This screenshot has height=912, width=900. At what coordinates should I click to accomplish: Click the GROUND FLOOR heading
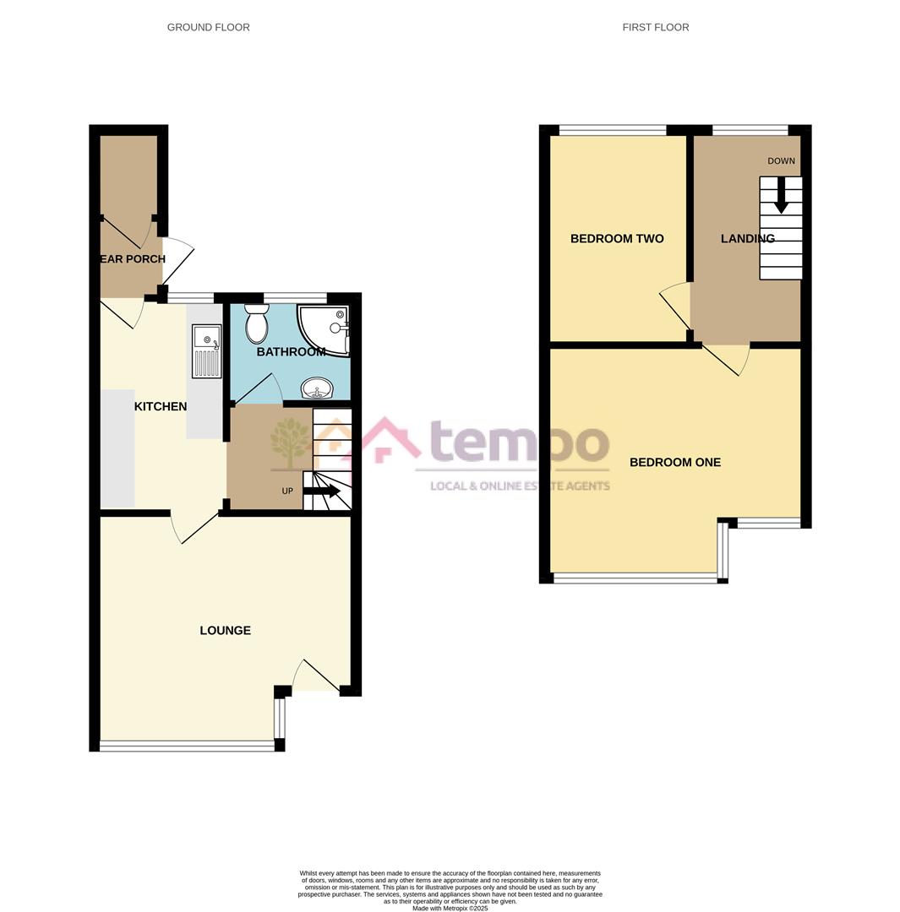pyautogui.click(x=208, y=27)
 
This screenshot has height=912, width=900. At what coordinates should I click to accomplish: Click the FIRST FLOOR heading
pyautogui.click(x=655, y=27)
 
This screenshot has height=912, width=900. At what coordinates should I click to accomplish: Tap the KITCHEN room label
pyautogui.click(x=161, y=406)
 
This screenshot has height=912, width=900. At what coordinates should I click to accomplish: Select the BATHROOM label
pyautogui.click(x=291, y=351)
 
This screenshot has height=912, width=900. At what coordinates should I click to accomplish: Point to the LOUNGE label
pyautogui.click(x=225, y=630)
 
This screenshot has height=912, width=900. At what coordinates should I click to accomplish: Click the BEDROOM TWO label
pyautogui.click(x=617, y=239)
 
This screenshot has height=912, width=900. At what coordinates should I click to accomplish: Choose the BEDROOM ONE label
pyautogui.click(x=674, y=462)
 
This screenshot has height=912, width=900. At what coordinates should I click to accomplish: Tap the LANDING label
pyautogui.click(x=747, y=239)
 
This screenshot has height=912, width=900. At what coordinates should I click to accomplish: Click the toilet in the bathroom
pyautogui.click(x=257, y=323)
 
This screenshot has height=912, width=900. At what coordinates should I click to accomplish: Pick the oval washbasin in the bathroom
pyautogui.click(x=318, y=388)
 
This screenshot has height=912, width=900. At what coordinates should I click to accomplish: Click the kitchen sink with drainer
pyautogui.click(x=206, y=350)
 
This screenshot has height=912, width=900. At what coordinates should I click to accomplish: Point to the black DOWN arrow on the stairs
pyautogui.click(x=781, y=195)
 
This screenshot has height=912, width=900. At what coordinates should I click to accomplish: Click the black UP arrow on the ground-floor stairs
pyautogui.click(x=322, y=491)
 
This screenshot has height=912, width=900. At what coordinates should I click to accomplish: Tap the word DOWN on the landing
pyautogui.click(x=781, y=161)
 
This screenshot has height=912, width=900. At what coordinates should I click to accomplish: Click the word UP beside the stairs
pyautogui.click(x=287, y=491)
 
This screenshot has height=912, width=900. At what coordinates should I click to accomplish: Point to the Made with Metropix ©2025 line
pyautogui.click(x=450, y=909)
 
